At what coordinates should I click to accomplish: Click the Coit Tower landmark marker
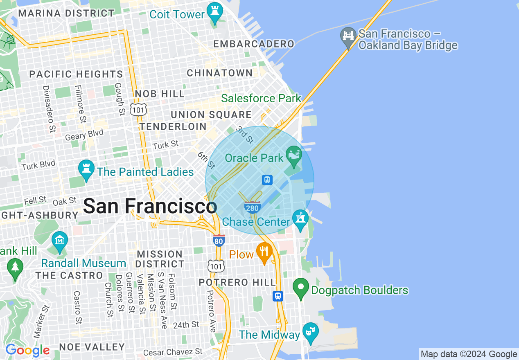coord(214,12)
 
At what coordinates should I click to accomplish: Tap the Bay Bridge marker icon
coord(348,37)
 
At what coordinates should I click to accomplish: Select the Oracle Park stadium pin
coord(293,156)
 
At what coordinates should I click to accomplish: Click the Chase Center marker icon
coord(300,220)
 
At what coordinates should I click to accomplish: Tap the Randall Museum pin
coord(60,241)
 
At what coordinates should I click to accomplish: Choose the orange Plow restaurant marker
coord(264,252)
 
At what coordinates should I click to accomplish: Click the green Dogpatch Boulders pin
coord(301,288)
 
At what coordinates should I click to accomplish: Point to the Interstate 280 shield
coord(252,207)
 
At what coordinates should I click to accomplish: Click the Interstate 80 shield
coord(219,241)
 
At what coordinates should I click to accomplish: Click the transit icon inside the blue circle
coord(267,180)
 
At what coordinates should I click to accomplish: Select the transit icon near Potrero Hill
coord(278,296)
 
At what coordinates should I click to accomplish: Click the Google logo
coord(27,351)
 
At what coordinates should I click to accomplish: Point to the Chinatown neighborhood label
coord(220,73)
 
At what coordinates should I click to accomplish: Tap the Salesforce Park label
coord(261,98)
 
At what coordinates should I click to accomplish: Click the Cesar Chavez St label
coord(173,352)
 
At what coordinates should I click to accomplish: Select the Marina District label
coord(66,13)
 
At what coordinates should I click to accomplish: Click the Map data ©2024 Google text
coord(469,354)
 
